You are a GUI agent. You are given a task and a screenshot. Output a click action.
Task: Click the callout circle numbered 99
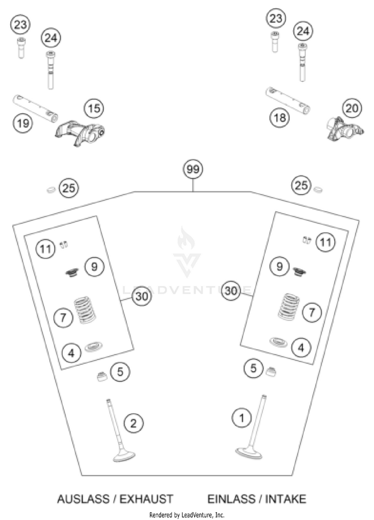point(192,170)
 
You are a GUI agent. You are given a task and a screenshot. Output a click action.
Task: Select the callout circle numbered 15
point(93,108)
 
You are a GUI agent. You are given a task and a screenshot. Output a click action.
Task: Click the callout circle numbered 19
point(22,123)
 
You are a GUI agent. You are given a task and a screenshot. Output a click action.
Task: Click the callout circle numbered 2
point(133,424)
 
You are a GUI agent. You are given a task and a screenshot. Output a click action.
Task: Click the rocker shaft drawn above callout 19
point(33,108)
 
